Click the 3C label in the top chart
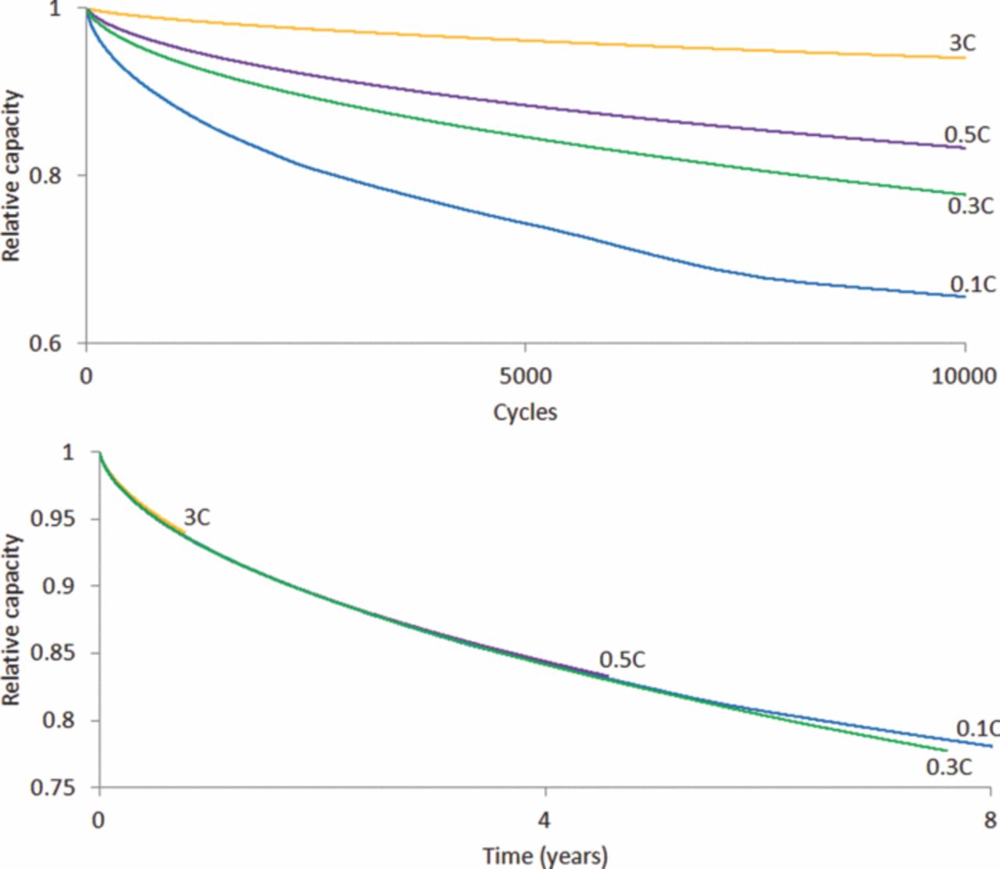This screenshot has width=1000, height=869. click(x=962, y=43)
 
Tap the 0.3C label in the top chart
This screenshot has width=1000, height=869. click(x=970, y=206)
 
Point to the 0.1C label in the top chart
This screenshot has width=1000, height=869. click(x=973, y=283)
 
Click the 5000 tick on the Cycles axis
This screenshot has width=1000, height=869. click(x=525, y=377)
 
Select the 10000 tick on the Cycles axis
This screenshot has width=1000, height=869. click(x=964, y=377)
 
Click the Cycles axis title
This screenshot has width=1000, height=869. click(x=525, y=411)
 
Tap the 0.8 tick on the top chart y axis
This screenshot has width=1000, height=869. click(x=45, y=175)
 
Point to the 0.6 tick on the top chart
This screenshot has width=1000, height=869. click(x=45, y=343)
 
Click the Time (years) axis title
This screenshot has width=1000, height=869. click(x=545, y=856)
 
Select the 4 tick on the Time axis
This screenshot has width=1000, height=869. click(x=545, y=821)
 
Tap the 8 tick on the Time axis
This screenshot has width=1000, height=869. click(x=990, y=821)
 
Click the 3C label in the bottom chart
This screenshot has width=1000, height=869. click(x=196, y=517)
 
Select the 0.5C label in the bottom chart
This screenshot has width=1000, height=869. click(x=623, y=660)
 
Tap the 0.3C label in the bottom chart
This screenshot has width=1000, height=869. click(x=948, y=767)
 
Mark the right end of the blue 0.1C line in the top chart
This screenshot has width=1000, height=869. click(x=965, y=296)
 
